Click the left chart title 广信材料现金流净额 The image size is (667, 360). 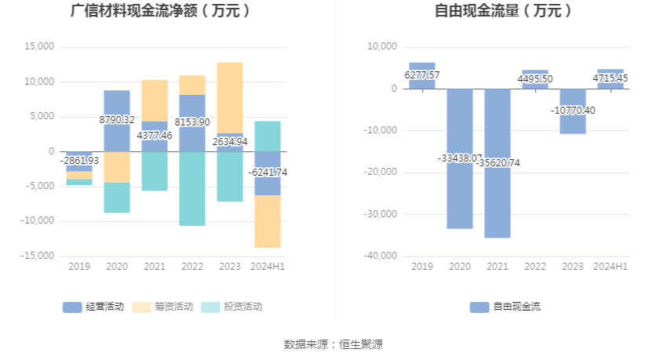tap(160, 11)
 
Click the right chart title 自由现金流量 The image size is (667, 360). tap(503, 11)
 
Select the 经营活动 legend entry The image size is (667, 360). tap(94, 307)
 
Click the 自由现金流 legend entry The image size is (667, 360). tap(506, 307)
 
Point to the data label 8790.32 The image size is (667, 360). tap(117, 120)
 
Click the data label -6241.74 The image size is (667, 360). tap(268, 172)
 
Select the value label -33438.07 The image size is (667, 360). tap(460, 158)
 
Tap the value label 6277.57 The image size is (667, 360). tap(422, 75)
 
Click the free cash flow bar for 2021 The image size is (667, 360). tap(498, 196)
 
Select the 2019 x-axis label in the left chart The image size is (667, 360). tap(79, 267)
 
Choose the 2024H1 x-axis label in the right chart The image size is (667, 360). tap(611, 267)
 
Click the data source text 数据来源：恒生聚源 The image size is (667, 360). tap(333, 344)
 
